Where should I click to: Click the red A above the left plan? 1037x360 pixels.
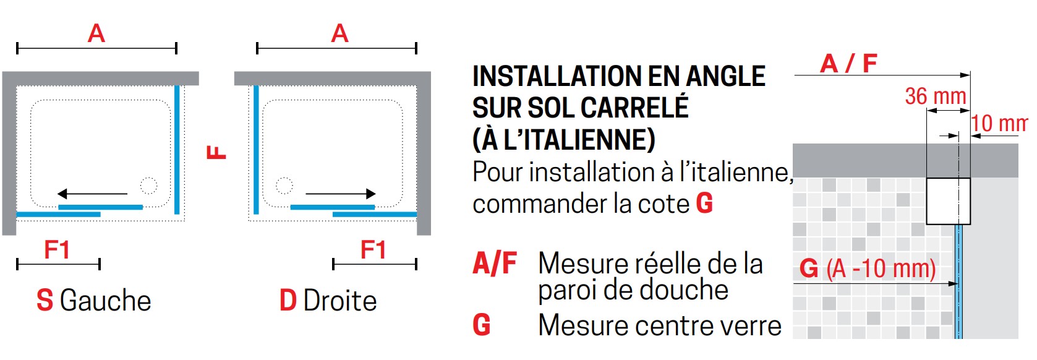click(x=96, y=33)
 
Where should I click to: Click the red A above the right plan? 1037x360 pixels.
click(x=340, y=33)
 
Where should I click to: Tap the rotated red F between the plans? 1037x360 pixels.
click(x=216, y=152)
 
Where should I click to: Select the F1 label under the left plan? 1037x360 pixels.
click(x=57, y=250)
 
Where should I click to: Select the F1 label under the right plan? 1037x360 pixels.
click(x=373, y=250)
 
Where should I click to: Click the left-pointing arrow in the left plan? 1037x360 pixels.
click(x=92, y=194)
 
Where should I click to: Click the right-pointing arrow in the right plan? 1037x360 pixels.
click(x=341, y=194)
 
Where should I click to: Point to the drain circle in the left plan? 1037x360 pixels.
click(x=148, y=186)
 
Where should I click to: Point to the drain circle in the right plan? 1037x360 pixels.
click(x=284, y=186)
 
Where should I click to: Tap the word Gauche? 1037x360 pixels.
click(x=106, y=301)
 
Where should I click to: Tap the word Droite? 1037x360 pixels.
click(x=340, y=301)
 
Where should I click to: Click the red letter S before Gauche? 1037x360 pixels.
click(x=45, y=301)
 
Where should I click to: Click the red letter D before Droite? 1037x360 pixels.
click(x=288, y=301)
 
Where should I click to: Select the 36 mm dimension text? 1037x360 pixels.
click(x=936, y=96)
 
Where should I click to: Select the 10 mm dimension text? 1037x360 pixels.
click(x=1000, y=123)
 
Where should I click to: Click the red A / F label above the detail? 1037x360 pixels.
click(x=848, y=64)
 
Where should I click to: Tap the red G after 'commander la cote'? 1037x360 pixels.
click(x=704, y=204)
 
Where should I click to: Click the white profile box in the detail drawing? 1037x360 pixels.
click(x=948, y=202)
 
